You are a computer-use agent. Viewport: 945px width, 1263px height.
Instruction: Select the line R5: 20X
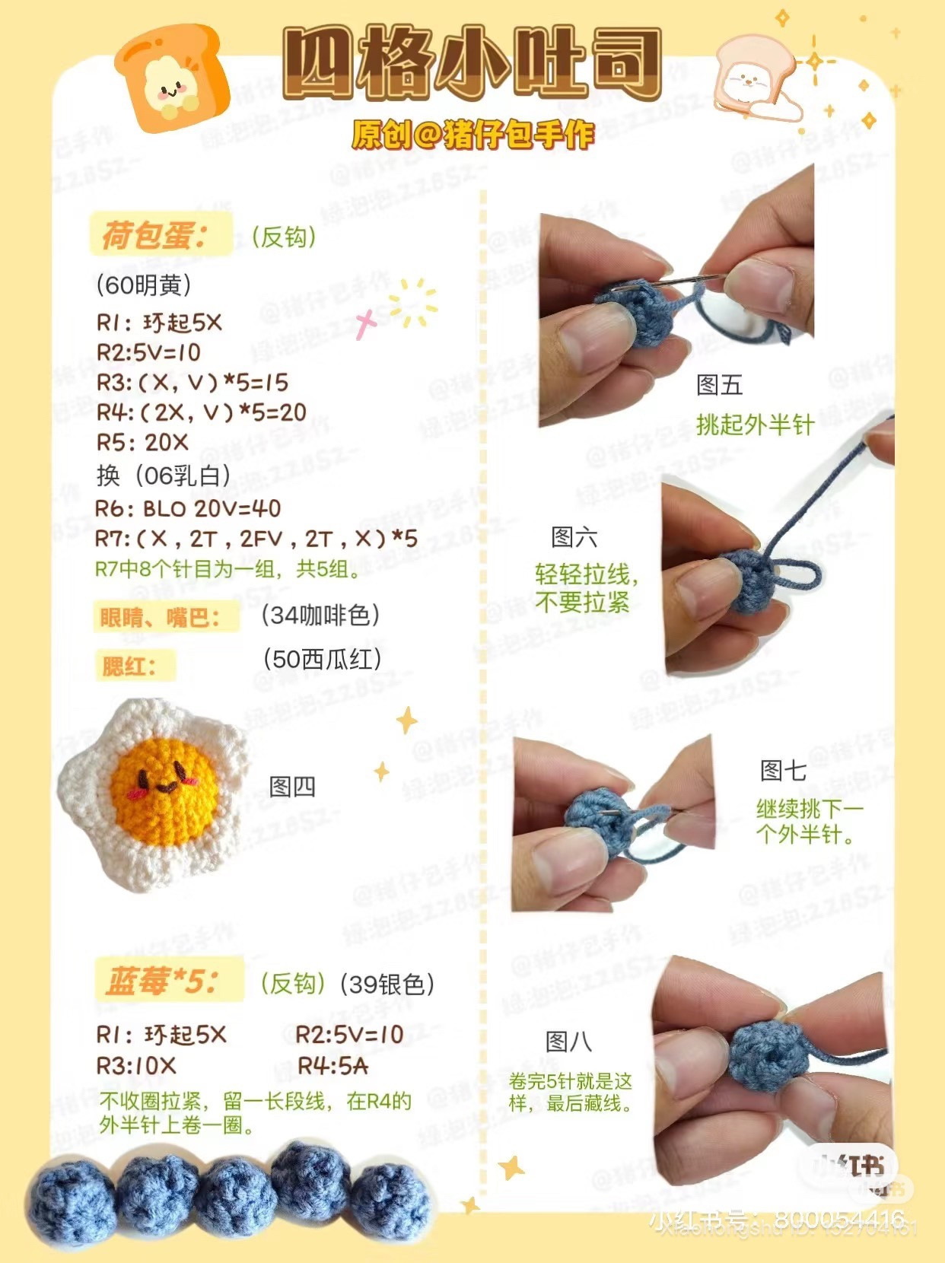[x=142, y=443]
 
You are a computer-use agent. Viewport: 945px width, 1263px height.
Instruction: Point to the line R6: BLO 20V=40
[x=188, y=508]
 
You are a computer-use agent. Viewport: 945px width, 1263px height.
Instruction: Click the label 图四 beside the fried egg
[x=292, y=786]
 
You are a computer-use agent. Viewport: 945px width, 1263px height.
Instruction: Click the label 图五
[x=719, y=385]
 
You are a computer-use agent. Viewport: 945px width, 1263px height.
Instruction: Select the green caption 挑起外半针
[x=755, y=425]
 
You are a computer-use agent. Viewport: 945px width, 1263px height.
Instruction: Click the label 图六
[x=574, y=537]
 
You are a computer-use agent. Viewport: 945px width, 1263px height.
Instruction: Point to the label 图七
[x=783, y=771]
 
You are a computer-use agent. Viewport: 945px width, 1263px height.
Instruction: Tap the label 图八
[x=568, y=1041]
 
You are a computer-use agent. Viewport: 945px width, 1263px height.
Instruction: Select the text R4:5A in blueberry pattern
[x=332, y=1066]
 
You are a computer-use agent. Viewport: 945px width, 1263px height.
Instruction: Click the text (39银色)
[x=387, y=985]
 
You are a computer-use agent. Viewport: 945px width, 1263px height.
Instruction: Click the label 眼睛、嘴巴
[x=159, y=617]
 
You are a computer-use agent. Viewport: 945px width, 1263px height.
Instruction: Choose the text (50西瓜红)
[x=322, y=659]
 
